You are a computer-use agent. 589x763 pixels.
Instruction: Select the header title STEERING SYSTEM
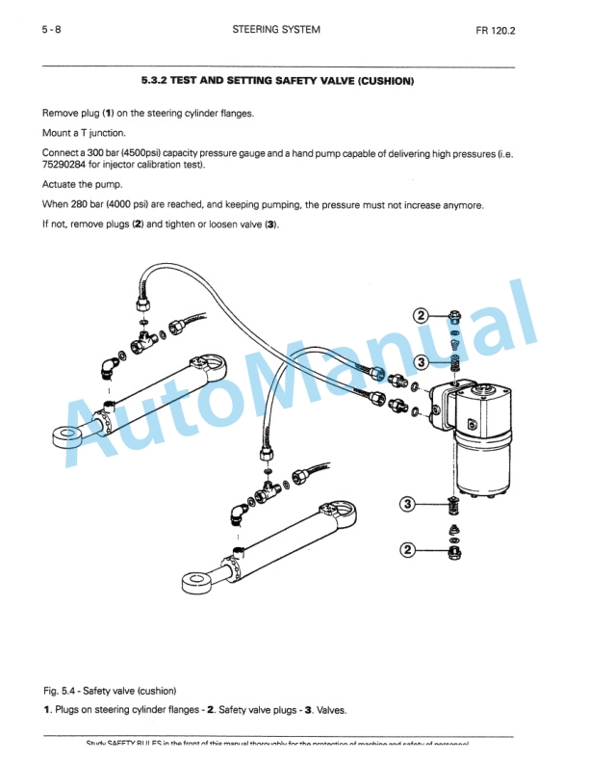276,30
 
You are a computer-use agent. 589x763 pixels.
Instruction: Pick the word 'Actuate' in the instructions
59,184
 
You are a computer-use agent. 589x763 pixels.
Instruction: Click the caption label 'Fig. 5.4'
62,690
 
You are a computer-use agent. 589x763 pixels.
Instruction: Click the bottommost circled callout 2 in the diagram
408,550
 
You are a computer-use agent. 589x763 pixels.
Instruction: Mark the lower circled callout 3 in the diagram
408,504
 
